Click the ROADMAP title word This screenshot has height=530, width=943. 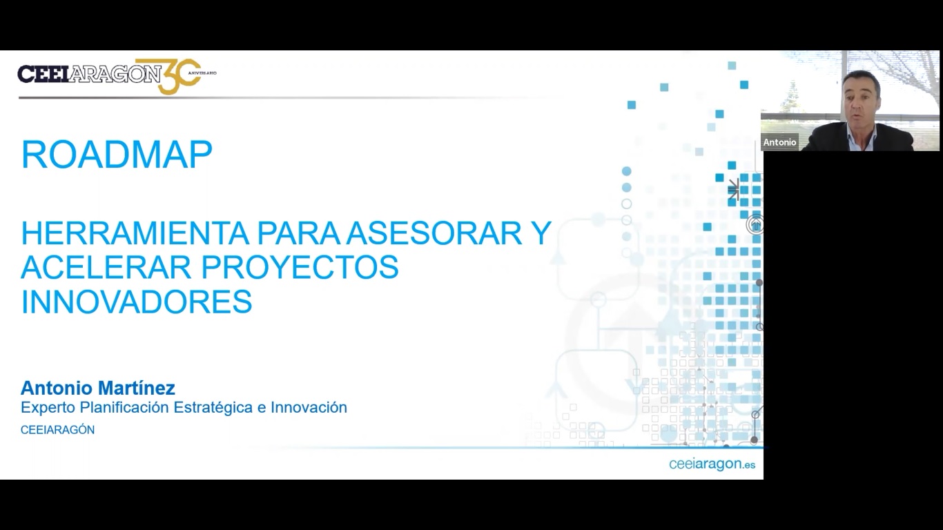[x=117, y=155]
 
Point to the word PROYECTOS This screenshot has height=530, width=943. [x=300, y=267]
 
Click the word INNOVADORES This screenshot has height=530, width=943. [x=137, y=302]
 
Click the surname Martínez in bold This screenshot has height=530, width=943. [x=137, y=388]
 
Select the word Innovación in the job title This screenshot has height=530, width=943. [x=309, y=407]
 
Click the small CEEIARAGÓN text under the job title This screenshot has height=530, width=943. [x=58, y=430]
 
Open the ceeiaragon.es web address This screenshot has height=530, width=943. [x=712, y=464]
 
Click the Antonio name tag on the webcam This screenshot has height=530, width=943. [x=779, y=142]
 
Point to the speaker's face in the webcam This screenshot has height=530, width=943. [x=862, y=100]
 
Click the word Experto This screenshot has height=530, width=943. [x=48, y=408]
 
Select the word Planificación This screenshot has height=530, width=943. [x=125, y=407]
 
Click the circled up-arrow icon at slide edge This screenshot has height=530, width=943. [x=756, y=224]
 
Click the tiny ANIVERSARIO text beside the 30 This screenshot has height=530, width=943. [x=202, y=73]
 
